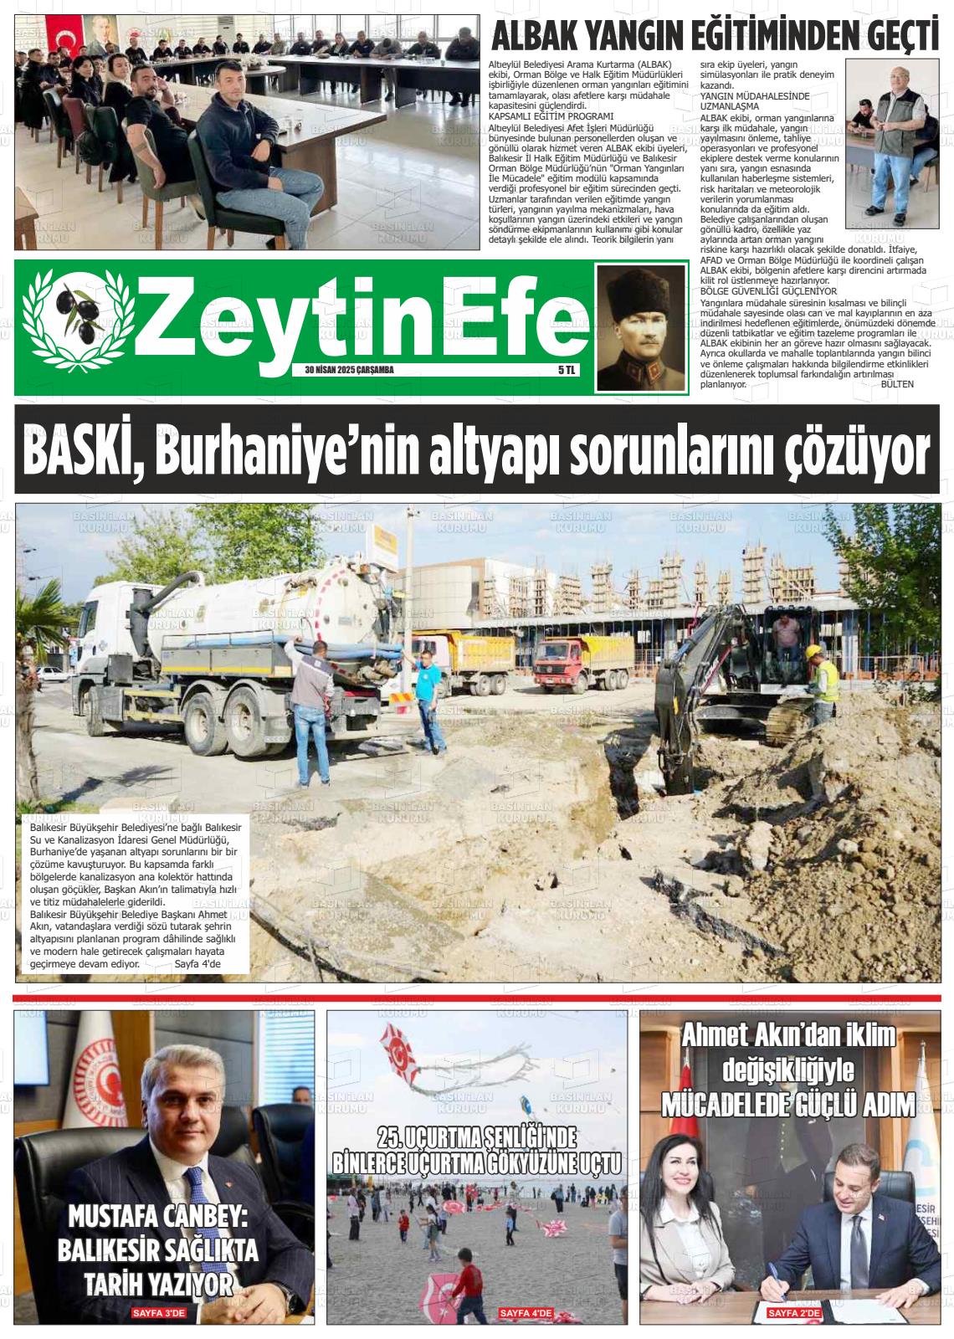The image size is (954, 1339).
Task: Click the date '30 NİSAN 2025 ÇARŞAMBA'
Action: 350,370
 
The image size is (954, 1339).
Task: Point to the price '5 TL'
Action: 567,370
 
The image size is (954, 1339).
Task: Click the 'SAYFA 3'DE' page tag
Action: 157,1313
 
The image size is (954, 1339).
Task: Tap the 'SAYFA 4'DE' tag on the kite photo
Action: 526,1314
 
